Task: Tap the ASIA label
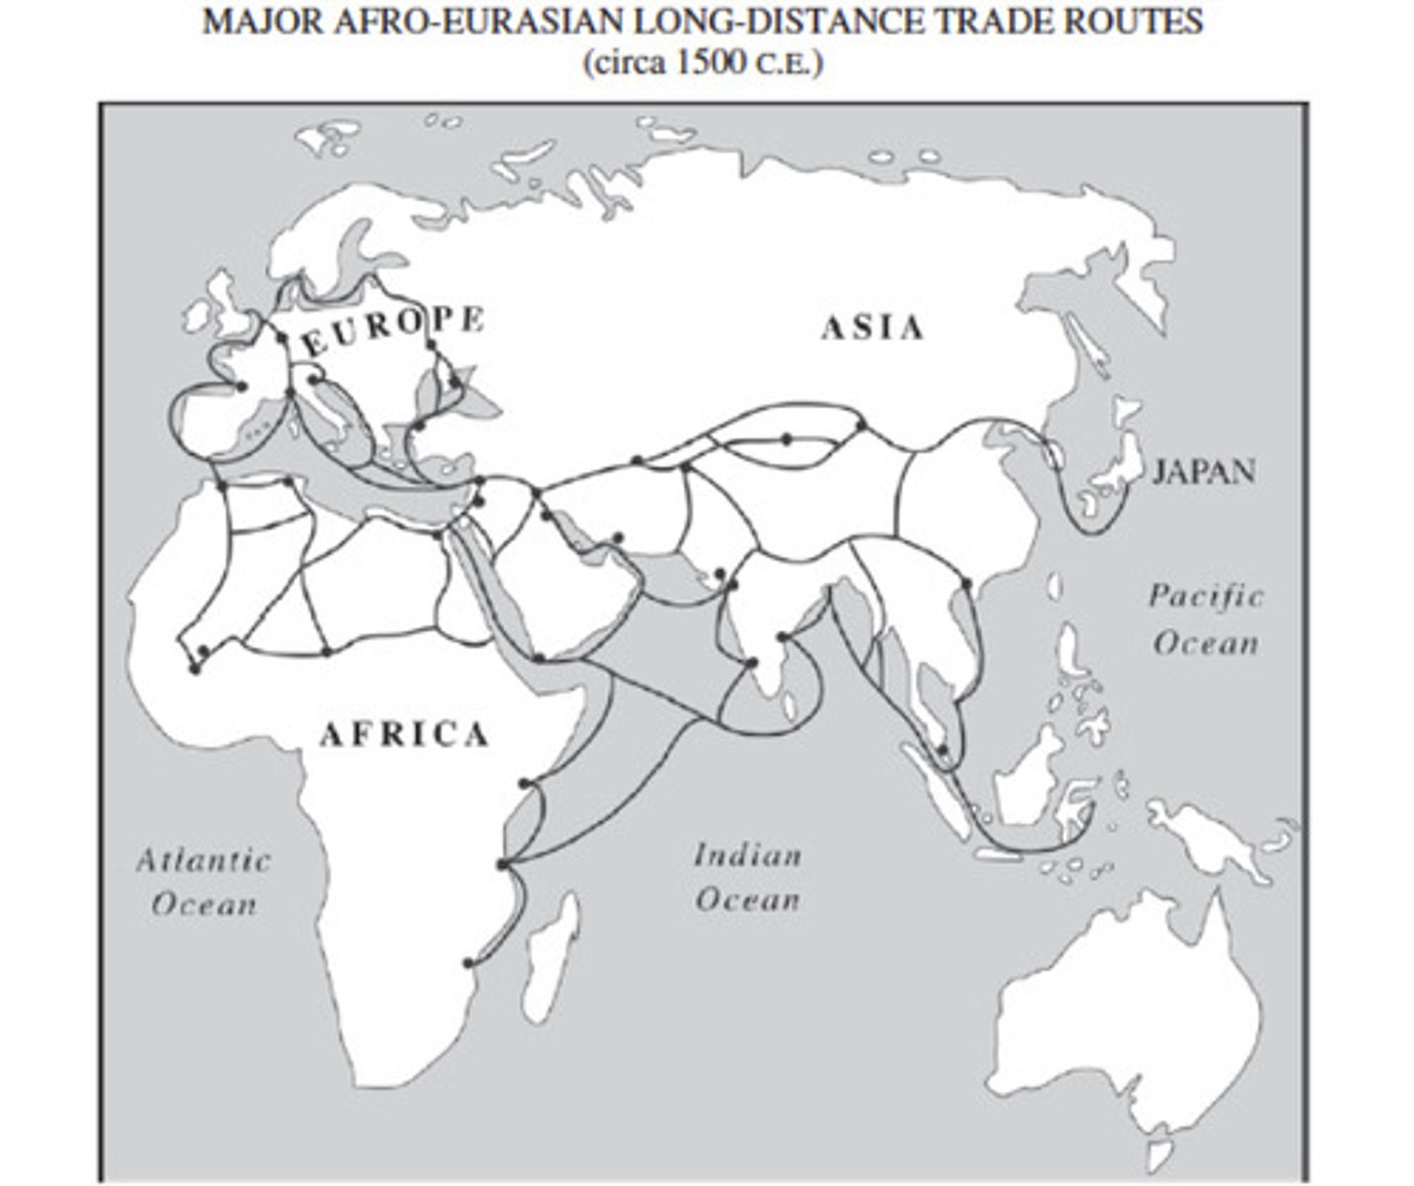pyautogui.click(x=873, y=328)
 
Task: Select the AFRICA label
pyautogui.click(x=404, y=733)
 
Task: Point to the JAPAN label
pyautogui.click(x=1204, y=471)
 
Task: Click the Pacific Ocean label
pyautogui.click(x=1206, y=620)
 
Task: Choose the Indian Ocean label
pyautogui.click(x=747, y=877)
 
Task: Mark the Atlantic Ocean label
pyautogui.click(x=204, y=882)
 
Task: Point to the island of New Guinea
pyautogui.click(x=1215, y=835)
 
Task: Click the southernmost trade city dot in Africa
pyautogui.click(x=468, y=962)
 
